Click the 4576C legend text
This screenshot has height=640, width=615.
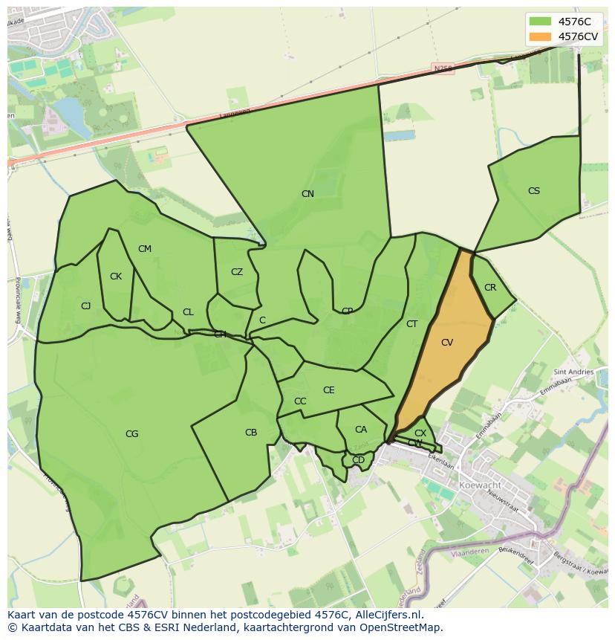pos(574,22)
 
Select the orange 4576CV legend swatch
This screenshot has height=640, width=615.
pos(540,36)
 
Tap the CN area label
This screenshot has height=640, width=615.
pos(307,194)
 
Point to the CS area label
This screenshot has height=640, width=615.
pos(534,191)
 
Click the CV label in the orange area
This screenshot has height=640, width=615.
pos(447,343)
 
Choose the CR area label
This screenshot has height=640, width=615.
pos(490,288)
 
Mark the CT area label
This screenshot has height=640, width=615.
pos(412,324)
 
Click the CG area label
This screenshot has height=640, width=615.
pos(132,434)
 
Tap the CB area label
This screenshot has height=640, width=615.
pos(251,433)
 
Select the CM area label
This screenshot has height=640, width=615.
pos(145,249)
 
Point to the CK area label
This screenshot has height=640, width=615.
pos(116,277)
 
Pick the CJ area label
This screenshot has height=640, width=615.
pos(86,306)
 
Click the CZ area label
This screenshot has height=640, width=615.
pos(237,272)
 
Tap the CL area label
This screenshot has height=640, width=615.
pos(188,312)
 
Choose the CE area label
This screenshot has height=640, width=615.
pos(329,390)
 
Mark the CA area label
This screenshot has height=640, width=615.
pos(361,430)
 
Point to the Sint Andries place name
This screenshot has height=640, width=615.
pos(573,372)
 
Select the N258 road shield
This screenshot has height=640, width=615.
pos(443,68)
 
